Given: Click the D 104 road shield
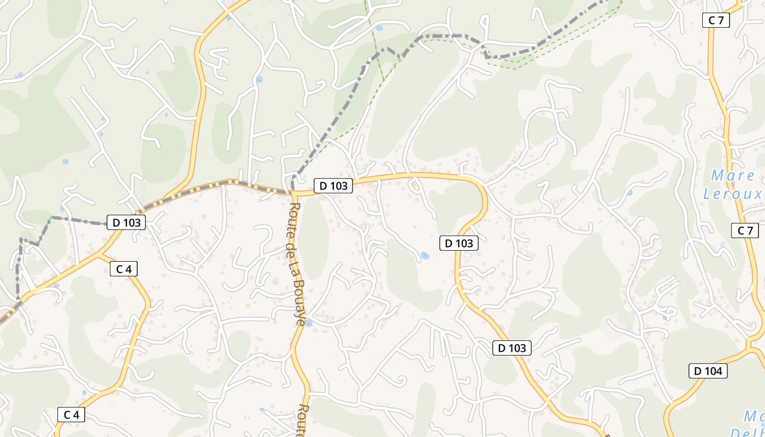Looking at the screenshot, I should (x=708, y=371).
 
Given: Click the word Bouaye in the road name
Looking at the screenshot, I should (x=299, y=303).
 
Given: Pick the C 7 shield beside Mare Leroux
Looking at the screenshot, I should (x=745, y=231).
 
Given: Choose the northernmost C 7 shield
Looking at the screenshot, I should (x=716, y=21).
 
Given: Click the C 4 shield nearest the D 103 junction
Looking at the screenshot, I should (x=124, y=269).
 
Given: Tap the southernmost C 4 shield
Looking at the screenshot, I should (x=71, y=415).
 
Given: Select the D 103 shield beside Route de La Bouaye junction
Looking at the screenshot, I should (x=333, y=186).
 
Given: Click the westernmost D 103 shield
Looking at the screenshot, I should (x=126, y=222).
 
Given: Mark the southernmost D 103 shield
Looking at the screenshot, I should (x=512, y=348).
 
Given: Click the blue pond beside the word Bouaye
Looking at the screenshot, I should (x=308, y=323).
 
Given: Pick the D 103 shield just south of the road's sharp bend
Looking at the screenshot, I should (x=459, y=243).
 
